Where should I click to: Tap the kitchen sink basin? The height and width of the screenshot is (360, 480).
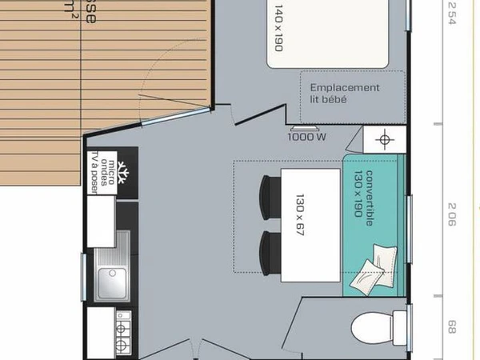[x=107, y=281]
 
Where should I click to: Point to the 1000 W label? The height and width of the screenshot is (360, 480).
[x=306, y=136]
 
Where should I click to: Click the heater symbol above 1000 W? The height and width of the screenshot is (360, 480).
[x=303, y=126]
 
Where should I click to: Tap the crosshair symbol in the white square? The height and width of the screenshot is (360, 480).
[x=386, y=140]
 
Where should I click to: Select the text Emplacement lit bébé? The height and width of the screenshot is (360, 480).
[x=345, y=94]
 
